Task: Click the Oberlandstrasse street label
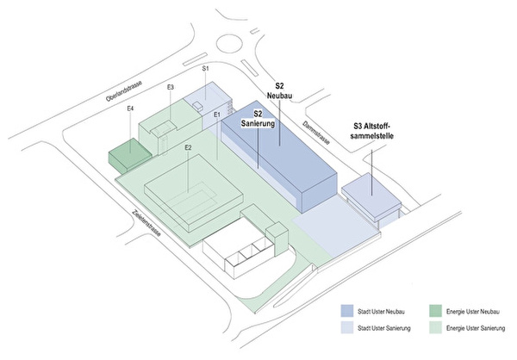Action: tap(123, 90)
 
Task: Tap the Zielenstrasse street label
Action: tap(146, 224)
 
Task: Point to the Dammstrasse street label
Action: tap(316, 133)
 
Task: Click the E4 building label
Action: tap(130, 109)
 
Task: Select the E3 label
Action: tap(170, 87)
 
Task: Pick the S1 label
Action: tap(205, 69)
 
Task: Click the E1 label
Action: tap(216, 115)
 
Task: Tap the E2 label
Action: tap(188, 147)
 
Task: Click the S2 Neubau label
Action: tap(279, 91)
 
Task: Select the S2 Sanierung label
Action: tap(258, 119)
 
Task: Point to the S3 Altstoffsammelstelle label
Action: tap(371, 131)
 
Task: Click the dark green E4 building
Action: tap(130, 155)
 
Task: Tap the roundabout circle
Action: tap(230, 45)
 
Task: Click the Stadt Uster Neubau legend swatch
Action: tap(347, 311)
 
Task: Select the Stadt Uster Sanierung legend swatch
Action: tap(347, 327)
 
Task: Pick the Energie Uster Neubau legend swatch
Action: tap(435, 311)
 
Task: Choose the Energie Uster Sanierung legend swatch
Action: tap(435, 327)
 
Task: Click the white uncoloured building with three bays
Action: tap(238, 247)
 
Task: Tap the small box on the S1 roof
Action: tap(198, 106)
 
